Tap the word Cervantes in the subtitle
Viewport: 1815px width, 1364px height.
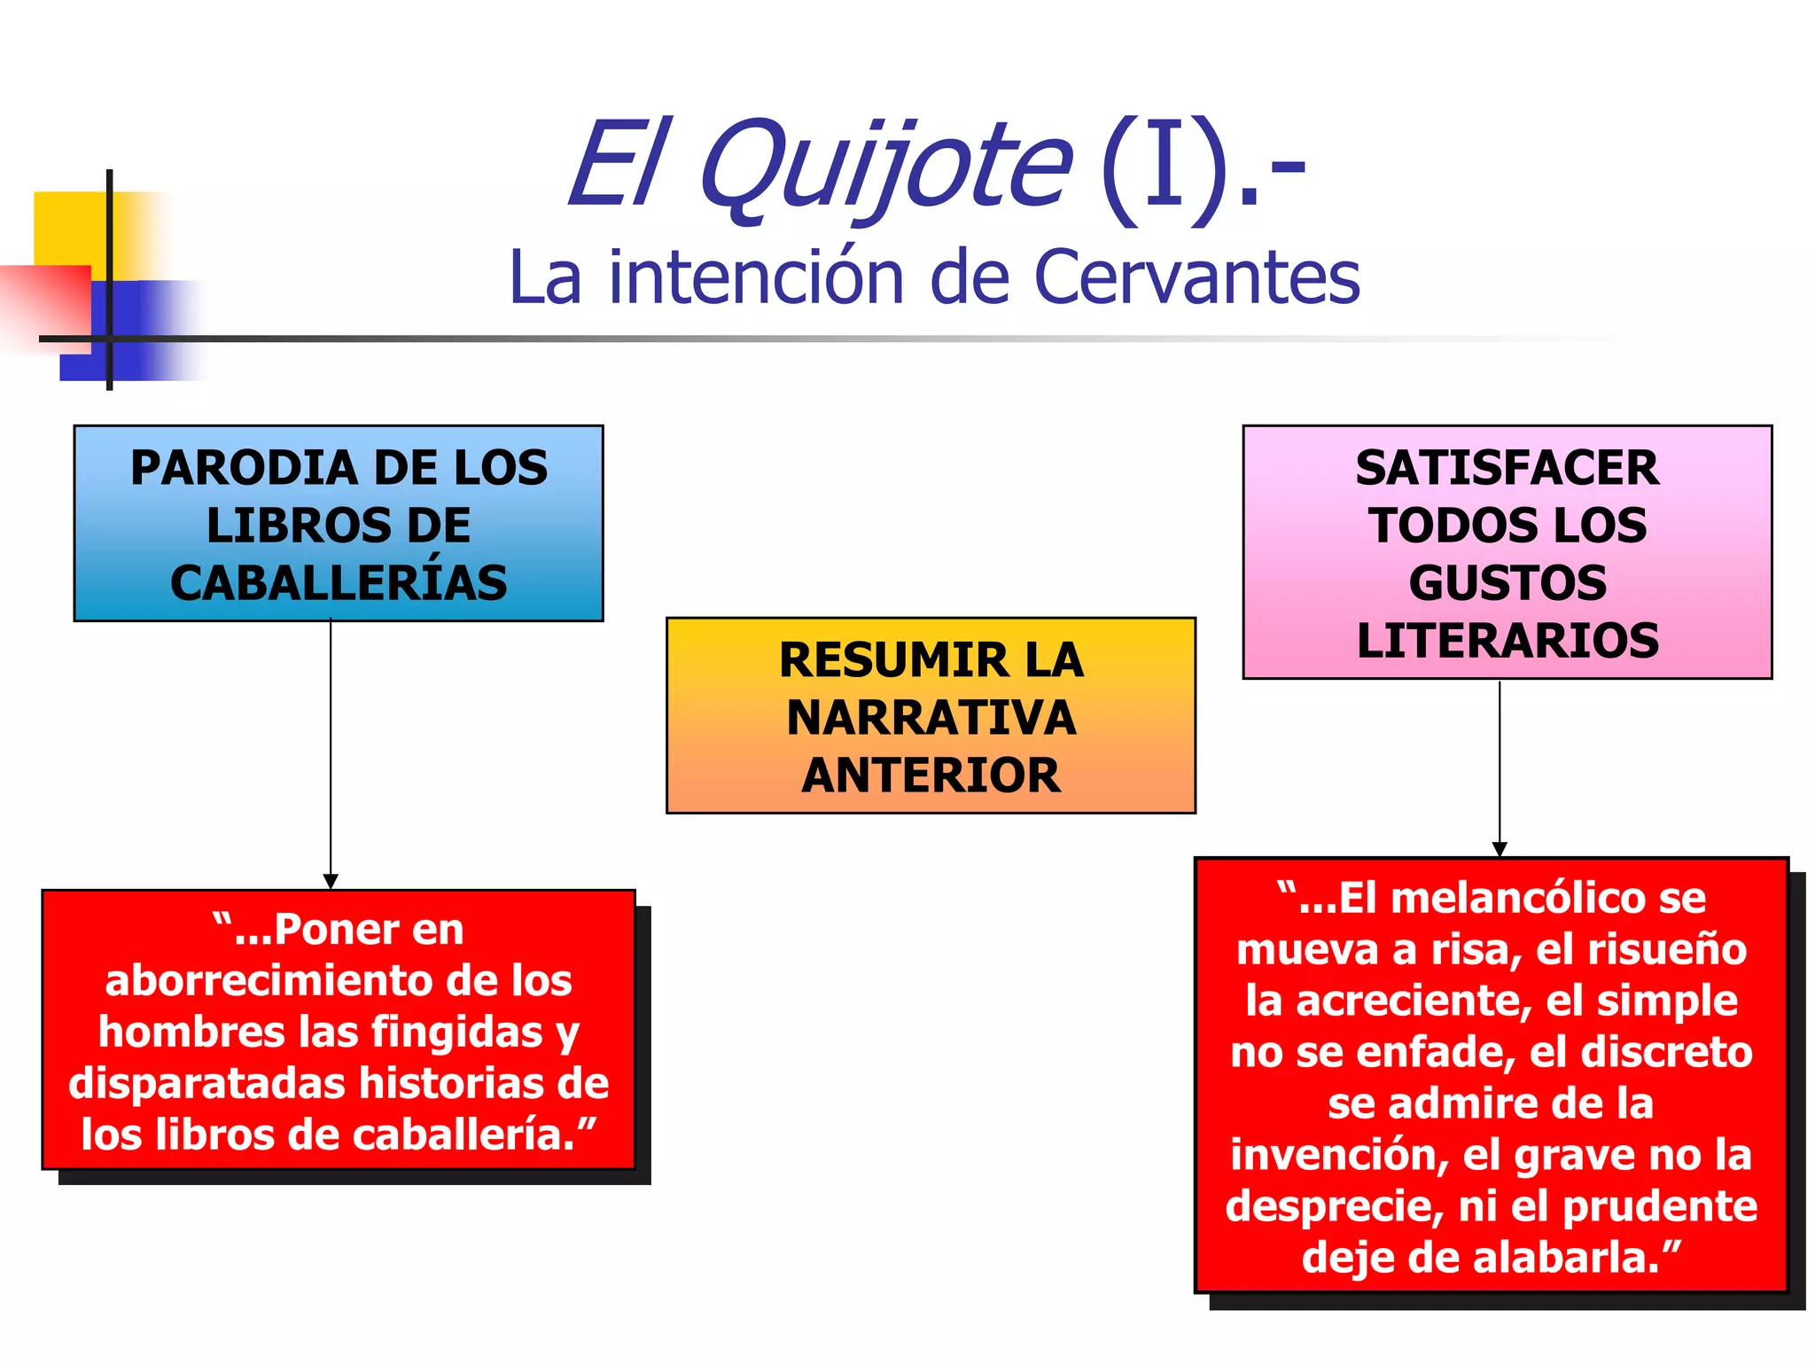[x=1196, y=277]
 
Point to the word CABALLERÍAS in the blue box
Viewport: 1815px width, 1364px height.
[x=339, y=583]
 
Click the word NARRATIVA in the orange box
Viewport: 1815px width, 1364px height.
[x=931, y=718]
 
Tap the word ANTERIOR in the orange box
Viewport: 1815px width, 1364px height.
[x=931, y=776]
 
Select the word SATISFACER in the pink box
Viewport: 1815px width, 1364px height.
[x=1507, y=468]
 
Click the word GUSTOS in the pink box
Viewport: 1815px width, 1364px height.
[x=1507, y=583]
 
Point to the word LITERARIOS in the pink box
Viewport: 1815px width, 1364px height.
[x=1507, y=641]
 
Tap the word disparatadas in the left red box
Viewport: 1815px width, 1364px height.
[x=206, y=1084]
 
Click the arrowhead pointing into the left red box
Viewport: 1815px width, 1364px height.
[x=331, y=882]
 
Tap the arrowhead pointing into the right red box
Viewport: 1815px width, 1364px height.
[x=1500, y=849]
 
